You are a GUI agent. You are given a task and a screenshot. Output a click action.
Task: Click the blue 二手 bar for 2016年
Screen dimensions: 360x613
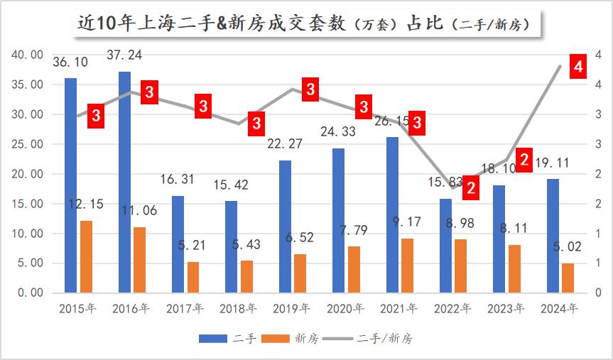pos(124,182)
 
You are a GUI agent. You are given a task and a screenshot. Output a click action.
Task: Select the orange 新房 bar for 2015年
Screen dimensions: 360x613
pos(86,256)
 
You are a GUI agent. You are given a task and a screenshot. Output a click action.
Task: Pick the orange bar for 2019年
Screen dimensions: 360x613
pos(300,273)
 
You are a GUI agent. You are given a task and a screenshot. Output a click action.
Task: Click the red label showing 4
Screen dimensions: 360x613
pos(579,67)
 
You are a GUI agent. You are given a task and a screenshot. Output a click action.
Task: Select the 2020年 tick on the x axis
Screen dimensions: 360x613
pos(345,309)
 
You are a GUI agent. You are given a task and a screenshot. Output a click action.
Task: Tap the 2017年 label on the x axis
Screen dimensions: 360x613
pos(185,309)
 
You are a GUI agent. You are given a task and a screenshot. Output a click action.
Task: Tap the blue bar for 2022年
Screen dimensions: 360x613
pos(445,246)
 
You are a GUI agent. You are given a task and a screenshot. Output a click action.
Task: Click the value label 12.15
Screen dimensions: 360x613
pos(86,204)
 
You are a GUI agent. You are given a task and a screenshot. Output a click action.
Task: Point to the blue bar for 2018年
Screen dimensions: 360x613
pos(232,246)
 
